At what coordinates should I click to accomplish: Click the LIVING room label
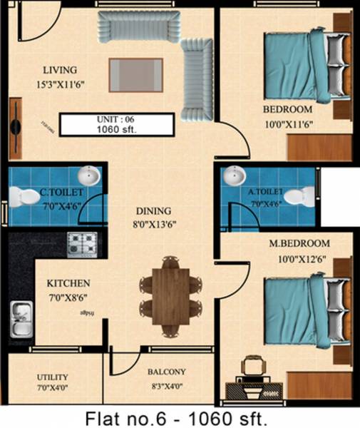60,70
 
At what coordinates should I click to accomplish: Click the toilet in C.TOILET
27,195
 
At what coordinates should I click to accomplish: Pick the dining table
168,296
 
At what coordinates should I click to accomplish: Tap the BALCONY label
167,372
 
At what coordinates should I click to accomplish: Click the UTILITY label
53,377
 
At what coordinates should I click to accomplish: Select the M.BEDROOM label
299,244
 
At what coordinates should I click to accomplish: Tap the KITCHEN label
68,283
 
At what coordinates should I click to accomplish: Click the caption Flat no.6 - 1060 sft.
180,416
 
